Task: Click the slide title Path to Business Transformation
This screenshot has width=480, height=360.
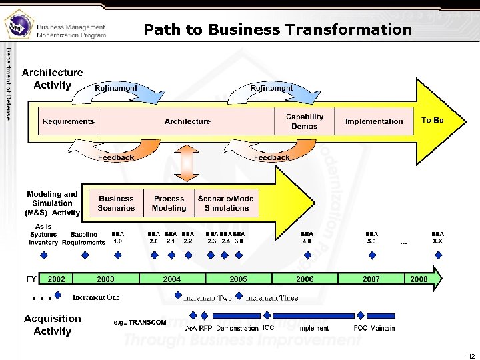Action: [x=277, y=29]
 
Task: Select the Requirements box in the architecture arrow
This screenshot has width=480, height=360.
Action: [x=69, y=121]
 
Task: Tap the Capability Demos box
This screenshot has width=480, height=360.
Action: [x=305, y=121]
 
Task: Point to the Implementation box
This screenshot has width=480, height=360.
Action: [x=374, y=121]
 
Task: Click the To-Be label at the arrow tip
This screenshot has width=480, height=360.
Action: [x=433, y=120]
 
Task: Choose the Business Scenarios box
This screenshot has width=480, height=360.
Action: [x=116, y=203]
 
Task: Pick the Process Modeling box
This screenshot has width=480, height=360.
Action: [x=169, y=203]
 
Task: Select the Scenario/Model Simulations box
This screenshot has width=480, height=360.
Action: [x=227, y=203]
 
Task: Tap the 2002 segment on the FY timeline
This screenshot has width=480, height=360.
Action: [x=57, y=279]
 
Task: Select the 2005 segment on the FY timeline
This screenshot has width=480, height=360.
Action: [x=238, y=279]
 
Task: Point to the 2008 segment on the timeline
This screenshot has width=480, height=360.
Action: [x=419, y=279]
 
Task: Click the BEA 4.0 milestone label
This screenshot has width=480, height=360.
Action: [x=307, y=238]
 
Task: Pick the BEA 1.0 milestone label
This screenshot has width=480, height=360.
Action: [x=118, y=238]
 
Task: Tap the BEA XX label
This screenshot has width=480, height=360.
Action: [x=437, y=238]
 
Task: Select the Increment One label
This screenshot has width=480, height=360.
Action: [x=96, y=297]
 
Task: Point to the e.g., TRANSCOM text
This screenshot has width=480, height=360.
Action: [x=140, y=323]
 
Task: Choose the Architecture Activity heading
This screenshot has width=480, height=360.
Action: [x=53, y=79]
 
